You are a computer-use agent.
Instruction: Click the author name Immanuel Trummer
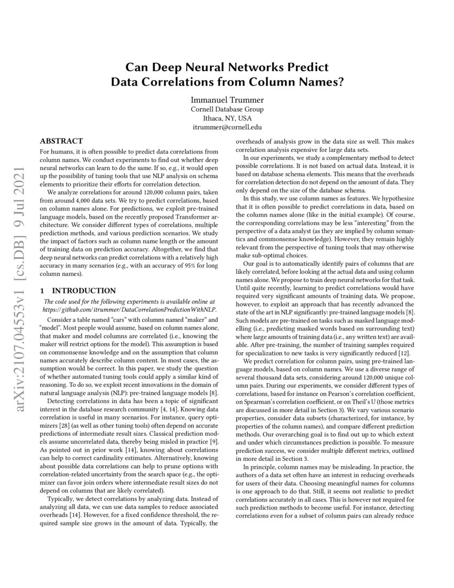click(226, 100)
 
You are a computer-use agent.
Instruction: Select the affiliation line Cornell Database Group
click(226, 110)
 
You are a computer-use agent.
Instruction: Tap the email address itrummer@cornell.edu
click(226, 128)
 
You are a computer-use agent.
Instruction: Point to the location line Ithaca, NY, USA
click(226, 119)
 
